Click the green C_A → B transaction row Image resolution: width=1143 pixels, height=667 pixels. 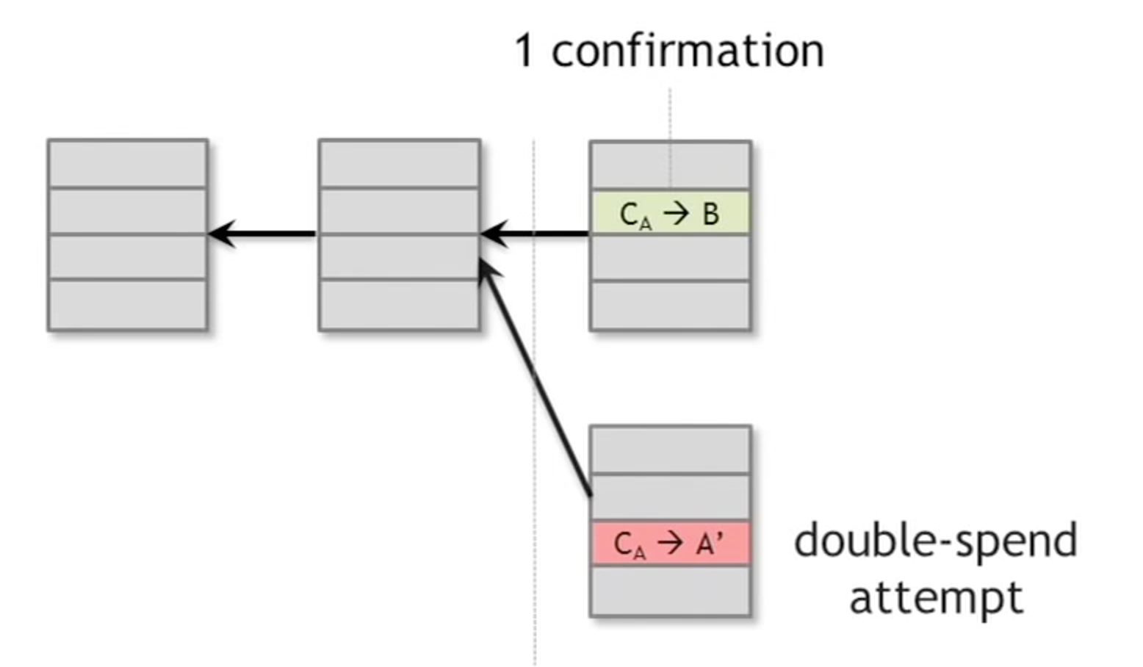(x=670, y=213)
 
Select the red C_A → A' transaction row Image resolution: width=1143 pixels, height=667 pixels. (x=670, y=544)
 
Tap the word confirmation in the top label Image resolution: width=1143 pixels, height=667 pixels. (x=688, y=51)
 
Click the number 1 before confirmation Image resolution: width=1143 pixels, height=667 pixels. (x=524, y=51)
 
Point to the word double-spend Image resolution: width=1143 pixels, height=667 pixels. (x=935, y=541)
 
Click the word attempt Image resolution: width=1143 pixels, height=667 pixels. (x=936, y=597)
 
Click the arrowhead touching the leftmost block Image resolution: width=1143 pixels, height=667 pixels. (x=221, y=234)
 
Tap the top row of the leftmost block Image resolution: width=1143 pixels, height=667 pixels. (x=128, y=164)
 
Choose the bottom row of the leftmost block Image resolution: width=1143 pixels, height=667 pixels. (x=128, y=305)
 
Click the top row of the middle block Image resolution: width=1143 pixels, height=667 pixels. (x=400, y=164)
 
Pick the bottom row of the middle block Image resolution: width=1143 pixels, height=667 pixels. (x=400, y=305)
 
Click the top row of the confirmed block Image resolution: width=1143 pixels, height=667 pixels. (x=670, y=165)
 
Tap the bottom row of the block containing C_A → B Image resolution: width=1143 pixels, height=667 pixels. (x=670, y=306)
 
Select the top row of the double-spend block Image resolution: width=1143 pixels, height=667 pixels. (x=670, y=450)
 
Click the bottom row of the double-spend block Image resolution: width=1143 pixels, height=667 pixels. (x=670, y=591)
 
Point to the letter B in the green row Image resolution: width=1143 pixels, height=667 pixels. (x=711, y=214)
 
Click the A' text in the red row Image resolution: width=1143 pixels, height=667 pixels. (x=709, y=544)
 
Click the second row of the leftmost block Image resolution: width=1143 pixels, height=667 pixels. (x=128, y=212)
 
